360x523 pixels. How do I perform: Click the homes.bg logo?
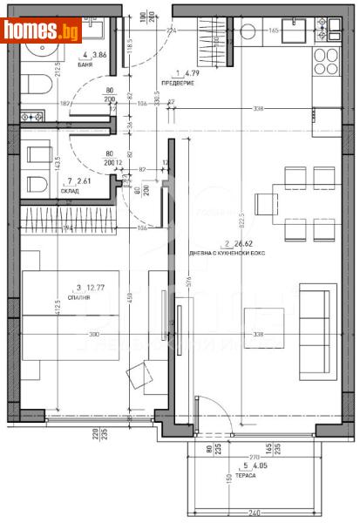click(x=42, y=30)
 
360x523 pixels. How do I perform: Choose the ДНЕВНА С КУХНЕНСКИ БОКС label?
click(x=234, y=253)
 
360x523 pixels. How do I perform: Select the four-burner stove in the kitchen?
click(x=325, y=62)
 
